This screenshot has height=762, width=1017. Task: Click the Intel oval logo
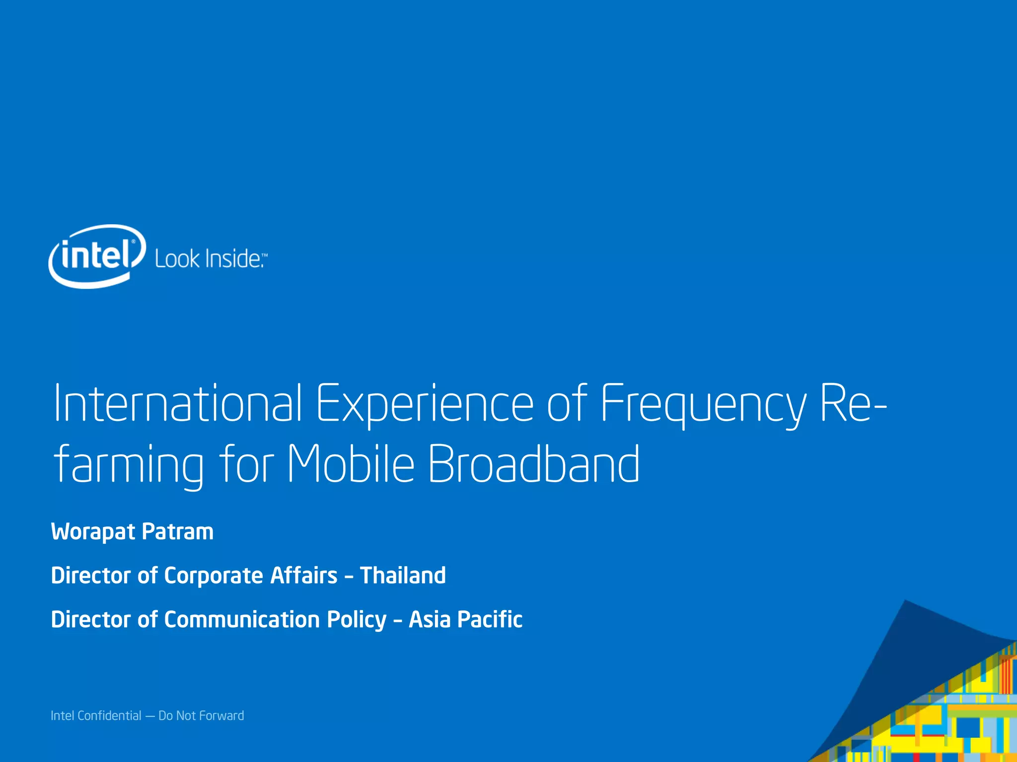(x=97, y=256)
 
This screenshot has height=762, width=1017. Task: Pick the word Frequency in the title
(x=704, y=404)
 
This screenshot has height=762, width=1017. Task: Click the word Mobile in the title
(x=351, y=464)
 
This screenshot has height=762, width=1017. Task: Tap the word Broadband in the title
(x=533, y=464)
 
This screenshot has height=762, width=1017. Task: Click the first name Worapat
(x=93, y=532)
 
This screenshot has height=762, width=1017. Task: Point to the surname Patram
(x=177, y=532)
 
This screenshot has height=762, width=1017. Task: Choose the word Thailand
(x=403, y=575)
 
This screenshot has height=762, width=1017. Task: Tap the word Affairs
(x=303, y=575)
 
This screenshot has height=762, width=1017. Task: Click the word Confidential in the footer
(x=109, y=715)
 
